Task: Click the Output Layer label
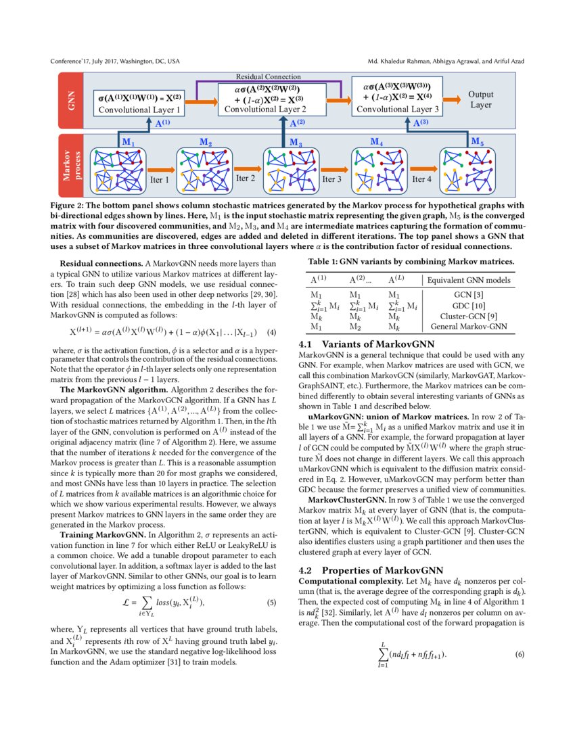click(481, 100)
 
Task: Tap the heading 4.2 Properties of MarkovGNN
click(371, 570)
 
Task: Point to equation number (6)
click(520, 655)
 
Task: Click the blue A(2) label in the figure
click(297, 123)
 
